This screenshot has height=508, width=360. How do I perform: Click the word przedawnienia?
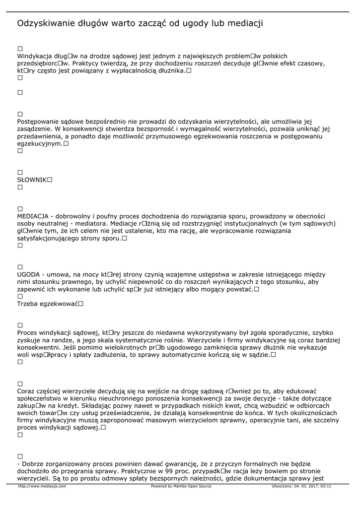[42, 136]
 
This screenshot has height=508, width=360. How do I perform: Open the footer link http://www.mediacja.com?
[42, 486]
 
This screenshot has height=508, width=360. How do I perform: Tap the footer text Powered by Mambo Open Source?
[181, 486]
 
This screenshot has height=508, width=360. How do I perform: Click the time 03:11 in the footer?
[326, 486]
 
